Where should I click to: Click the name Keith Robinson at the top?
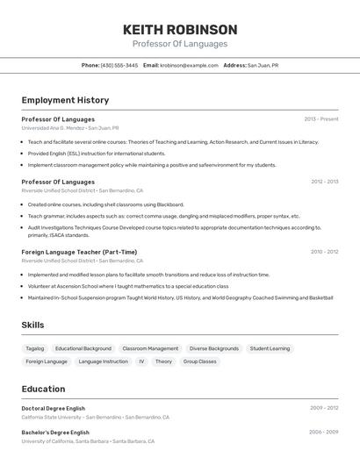[180, 29]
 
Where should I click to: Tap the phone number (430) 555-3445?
[119, 66]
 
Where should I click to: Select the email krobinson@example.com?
[189, 66]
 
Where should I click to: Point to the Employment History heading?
[65, 100]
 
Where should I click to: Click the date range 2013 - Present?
[320, 119]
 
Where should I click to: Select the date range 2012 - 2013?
[324, 182]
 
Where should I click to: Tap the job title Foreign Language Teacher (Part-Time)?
[79, 252]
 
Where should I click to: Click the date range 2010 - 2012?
[324, 252]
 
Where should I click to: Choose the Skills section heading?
[32, 325]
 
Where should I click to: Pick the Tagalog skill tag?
[35, 348]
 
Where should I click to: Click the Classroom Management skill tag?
[150, 348]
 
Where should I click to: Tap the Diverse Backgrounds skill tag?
[214, 348]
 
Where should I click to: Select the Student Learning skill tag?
[270, 348]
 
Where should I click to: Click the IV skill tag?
[141, 361]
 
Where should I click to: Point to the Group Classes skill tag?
[199, 361]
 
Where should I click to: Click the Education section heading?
[43, 389]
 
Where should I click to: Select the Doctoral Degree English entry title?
[54, 408]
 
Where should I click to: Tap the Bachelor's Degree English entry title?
[55, 433]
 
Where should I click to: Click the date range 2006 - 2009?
[324, 433]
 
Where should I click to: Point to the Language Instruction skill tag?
[103, 361]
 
